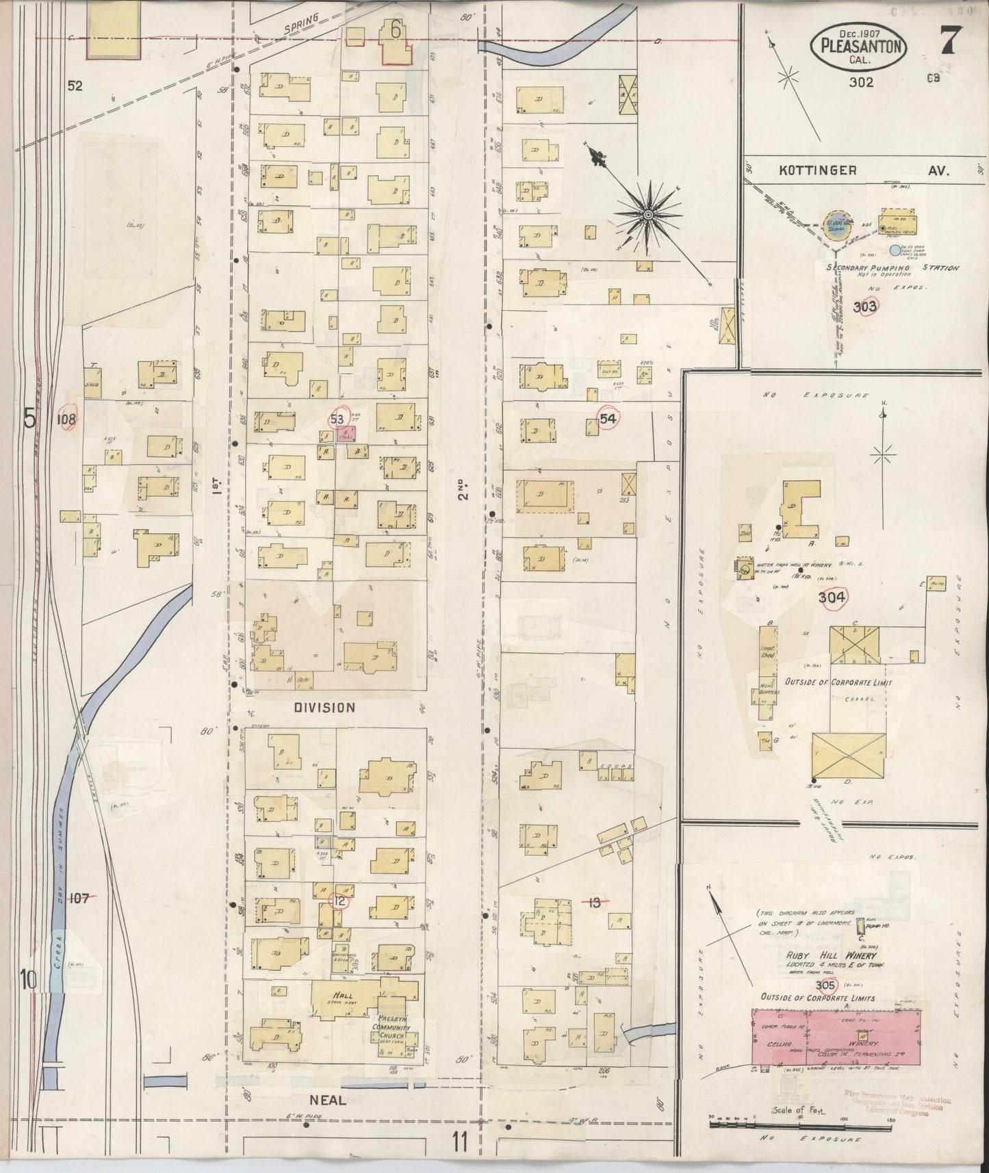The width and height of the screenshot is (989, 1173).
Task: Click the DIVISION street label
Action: pos(324,708)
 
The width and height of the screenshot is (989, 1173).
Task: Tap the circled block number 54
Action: pos(608,419)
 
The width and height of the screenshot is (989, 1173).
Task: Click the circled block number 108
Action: pos(66,419)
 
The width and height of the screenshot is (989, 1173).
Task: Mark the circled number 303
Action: pos(865,307)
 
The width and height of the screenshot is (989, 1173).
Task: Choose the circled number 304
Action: pos(832,597)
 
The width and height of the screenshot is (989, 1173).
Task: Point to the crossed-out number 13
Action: pos(594,903)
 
